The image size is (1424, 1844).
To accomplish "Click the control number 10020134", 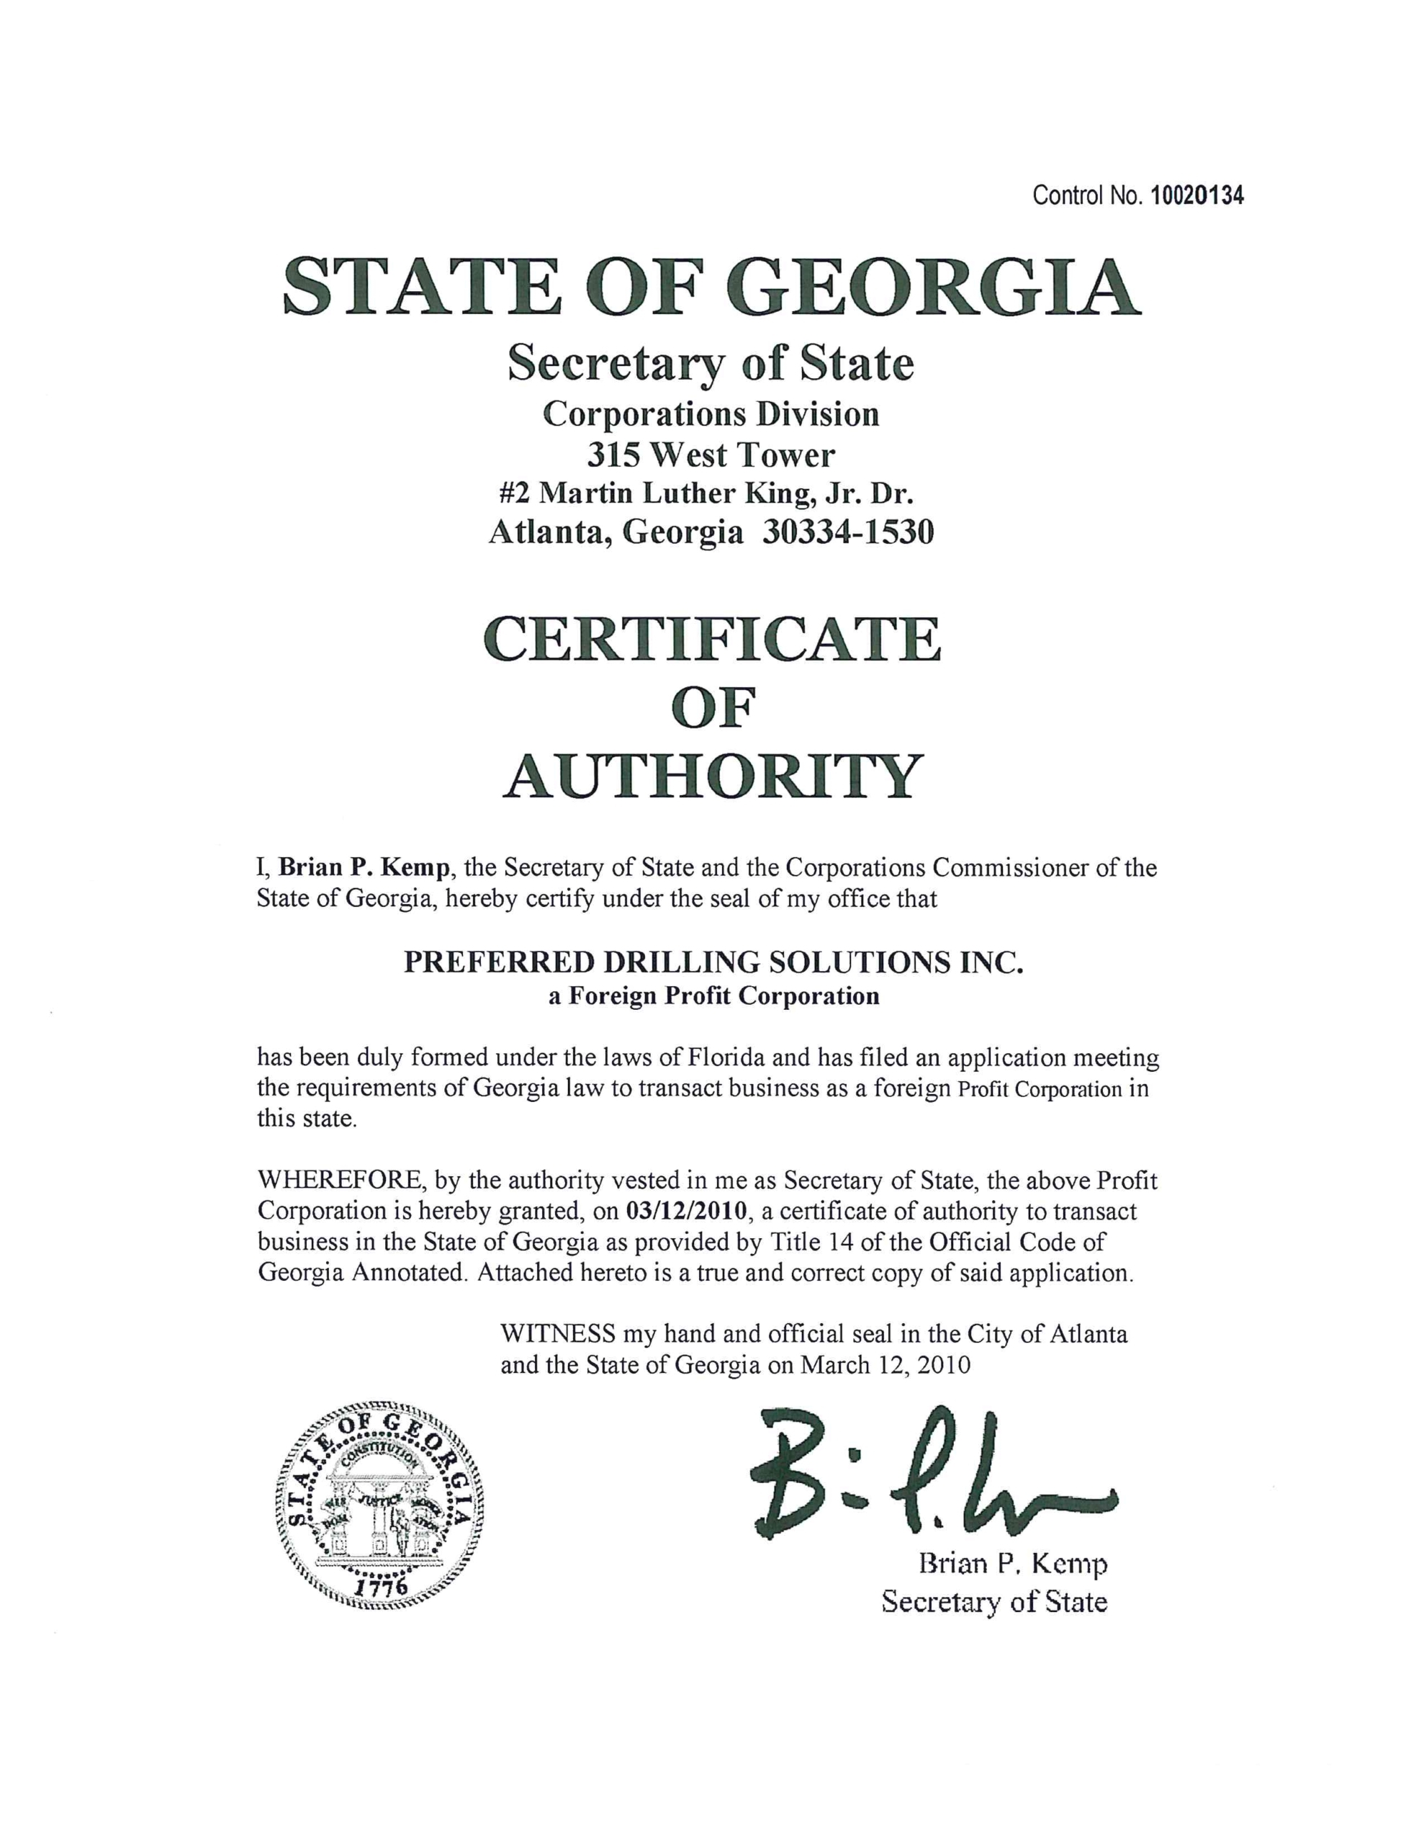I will point(1197,197).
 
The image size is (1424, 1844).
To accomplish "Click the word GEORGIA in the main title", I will point(934,287).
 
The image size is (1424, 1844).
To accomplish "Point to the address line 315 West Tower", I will point(711,456).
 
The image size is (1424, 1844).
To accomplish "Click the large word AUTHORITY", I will point(711,776).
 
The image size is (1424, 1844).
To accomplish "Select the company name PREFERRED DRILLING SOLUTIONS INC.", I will point(713,963).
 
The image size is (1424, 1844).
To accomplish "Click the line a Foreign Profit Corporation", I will point(713,996).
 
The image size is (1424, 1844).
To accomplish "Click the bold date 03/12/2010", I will point(687,1212).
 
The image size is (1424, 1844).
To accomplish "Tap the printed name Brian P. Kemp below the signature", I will point(1012,1565).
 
